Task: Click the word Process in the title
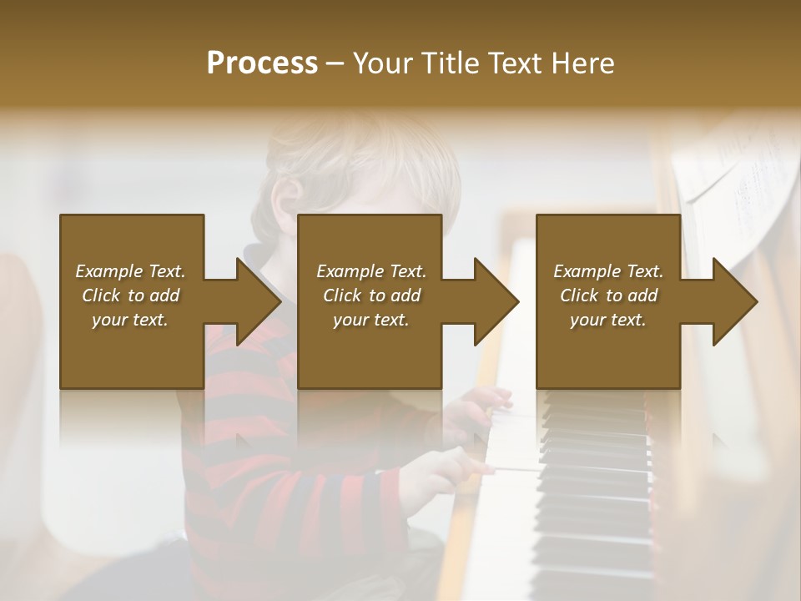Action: coord(262,63)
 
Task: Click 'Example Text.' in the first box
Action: coord(131,271)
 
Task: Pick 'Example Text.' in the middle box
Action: coord(371,271)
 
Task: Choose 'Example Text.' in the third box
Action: coord(608,271)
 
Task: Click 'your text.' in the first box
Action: coord(131,320)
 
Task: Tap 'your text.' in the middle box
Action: coord(371,320)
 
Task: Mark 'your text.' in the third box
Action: coord(608,320)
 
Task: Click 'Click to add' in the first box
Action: coord(131,295)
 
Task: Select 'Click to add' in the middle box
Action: coord(371,295)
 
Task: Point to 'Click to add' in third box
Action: coord(608,295)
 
